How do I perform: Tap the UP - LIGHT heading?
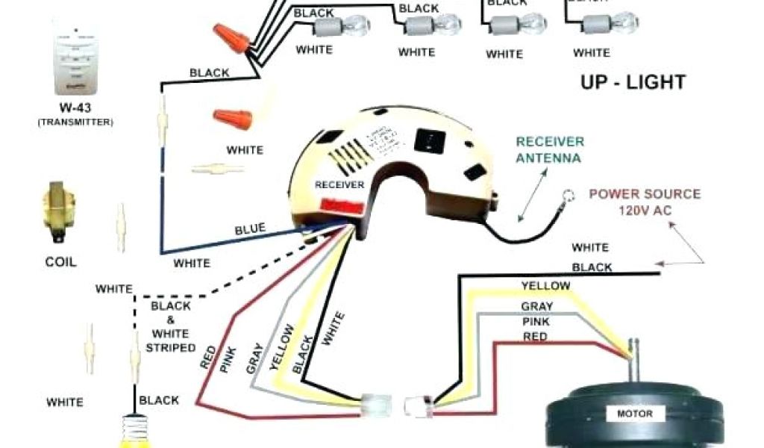633,82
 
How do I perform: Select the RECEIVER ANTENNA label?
551,149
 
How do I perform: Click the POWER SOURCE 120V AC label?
645,202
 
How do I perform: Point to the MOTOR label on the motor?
634,414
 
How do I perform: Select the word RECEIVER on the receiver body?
339,184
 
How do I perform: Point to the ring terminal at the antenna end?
569,197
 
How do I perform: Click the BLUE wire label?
250,229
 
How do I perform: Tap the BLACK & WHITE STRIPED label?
172,326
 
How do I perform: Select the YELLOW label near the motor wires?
545,285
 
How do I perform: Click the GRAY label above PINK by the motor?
537,306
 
